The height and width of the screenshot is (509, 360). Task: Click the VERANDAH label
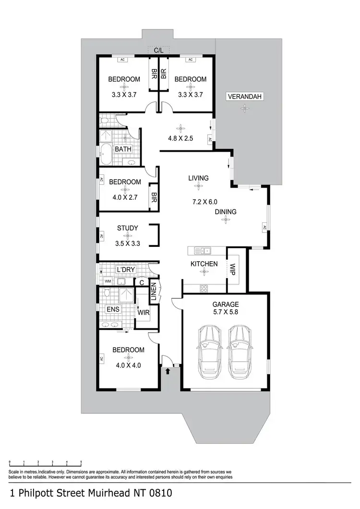[245, 97]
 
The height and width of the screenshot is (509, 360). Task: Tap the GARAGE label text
[225, 304]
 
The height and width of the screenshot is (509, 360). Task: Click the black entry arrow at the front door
[168, 370]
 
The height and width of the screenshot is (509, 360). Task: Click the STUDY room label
[128, 228]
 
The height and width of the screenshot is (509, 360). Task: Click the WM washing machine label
[108, 281]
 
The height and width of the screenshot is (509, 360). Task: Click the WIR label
[143, 313]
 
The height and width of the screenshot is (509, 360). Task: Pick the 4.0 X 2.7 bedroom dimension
[125, 197]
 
